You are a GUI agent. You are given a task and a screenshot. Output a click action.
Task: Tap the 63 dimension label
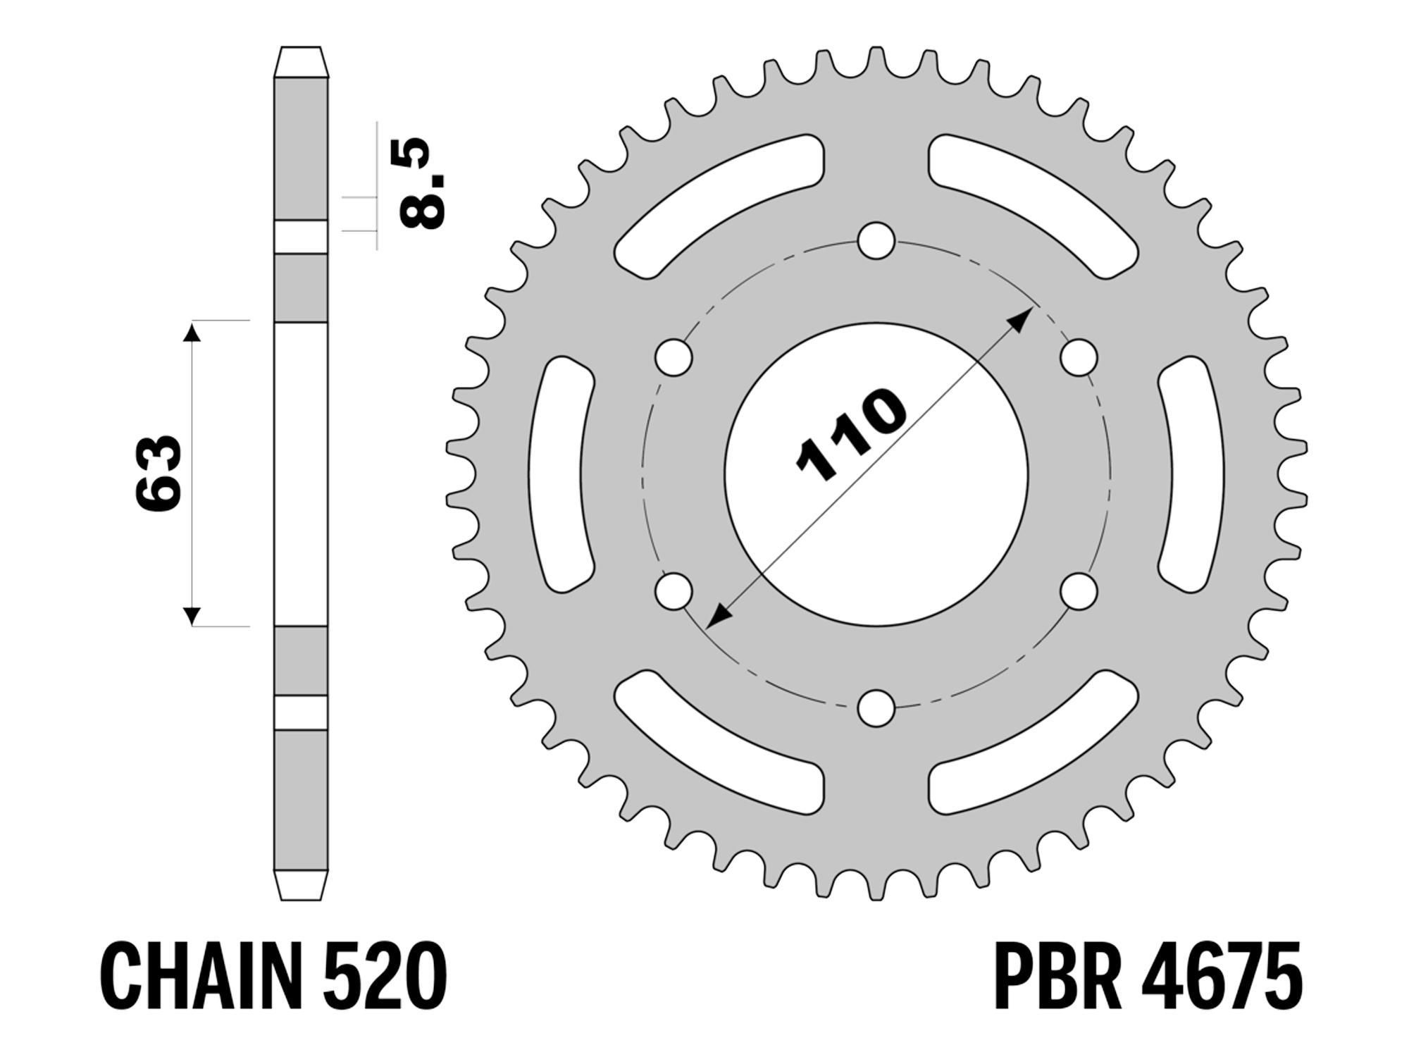coord(159,472)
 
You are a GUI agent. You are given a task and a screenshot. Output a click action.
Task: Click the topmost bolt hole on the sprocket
coord(876,241)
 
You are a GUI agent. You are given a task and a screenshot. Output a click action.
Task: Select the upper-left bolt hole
coord(674,357)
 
